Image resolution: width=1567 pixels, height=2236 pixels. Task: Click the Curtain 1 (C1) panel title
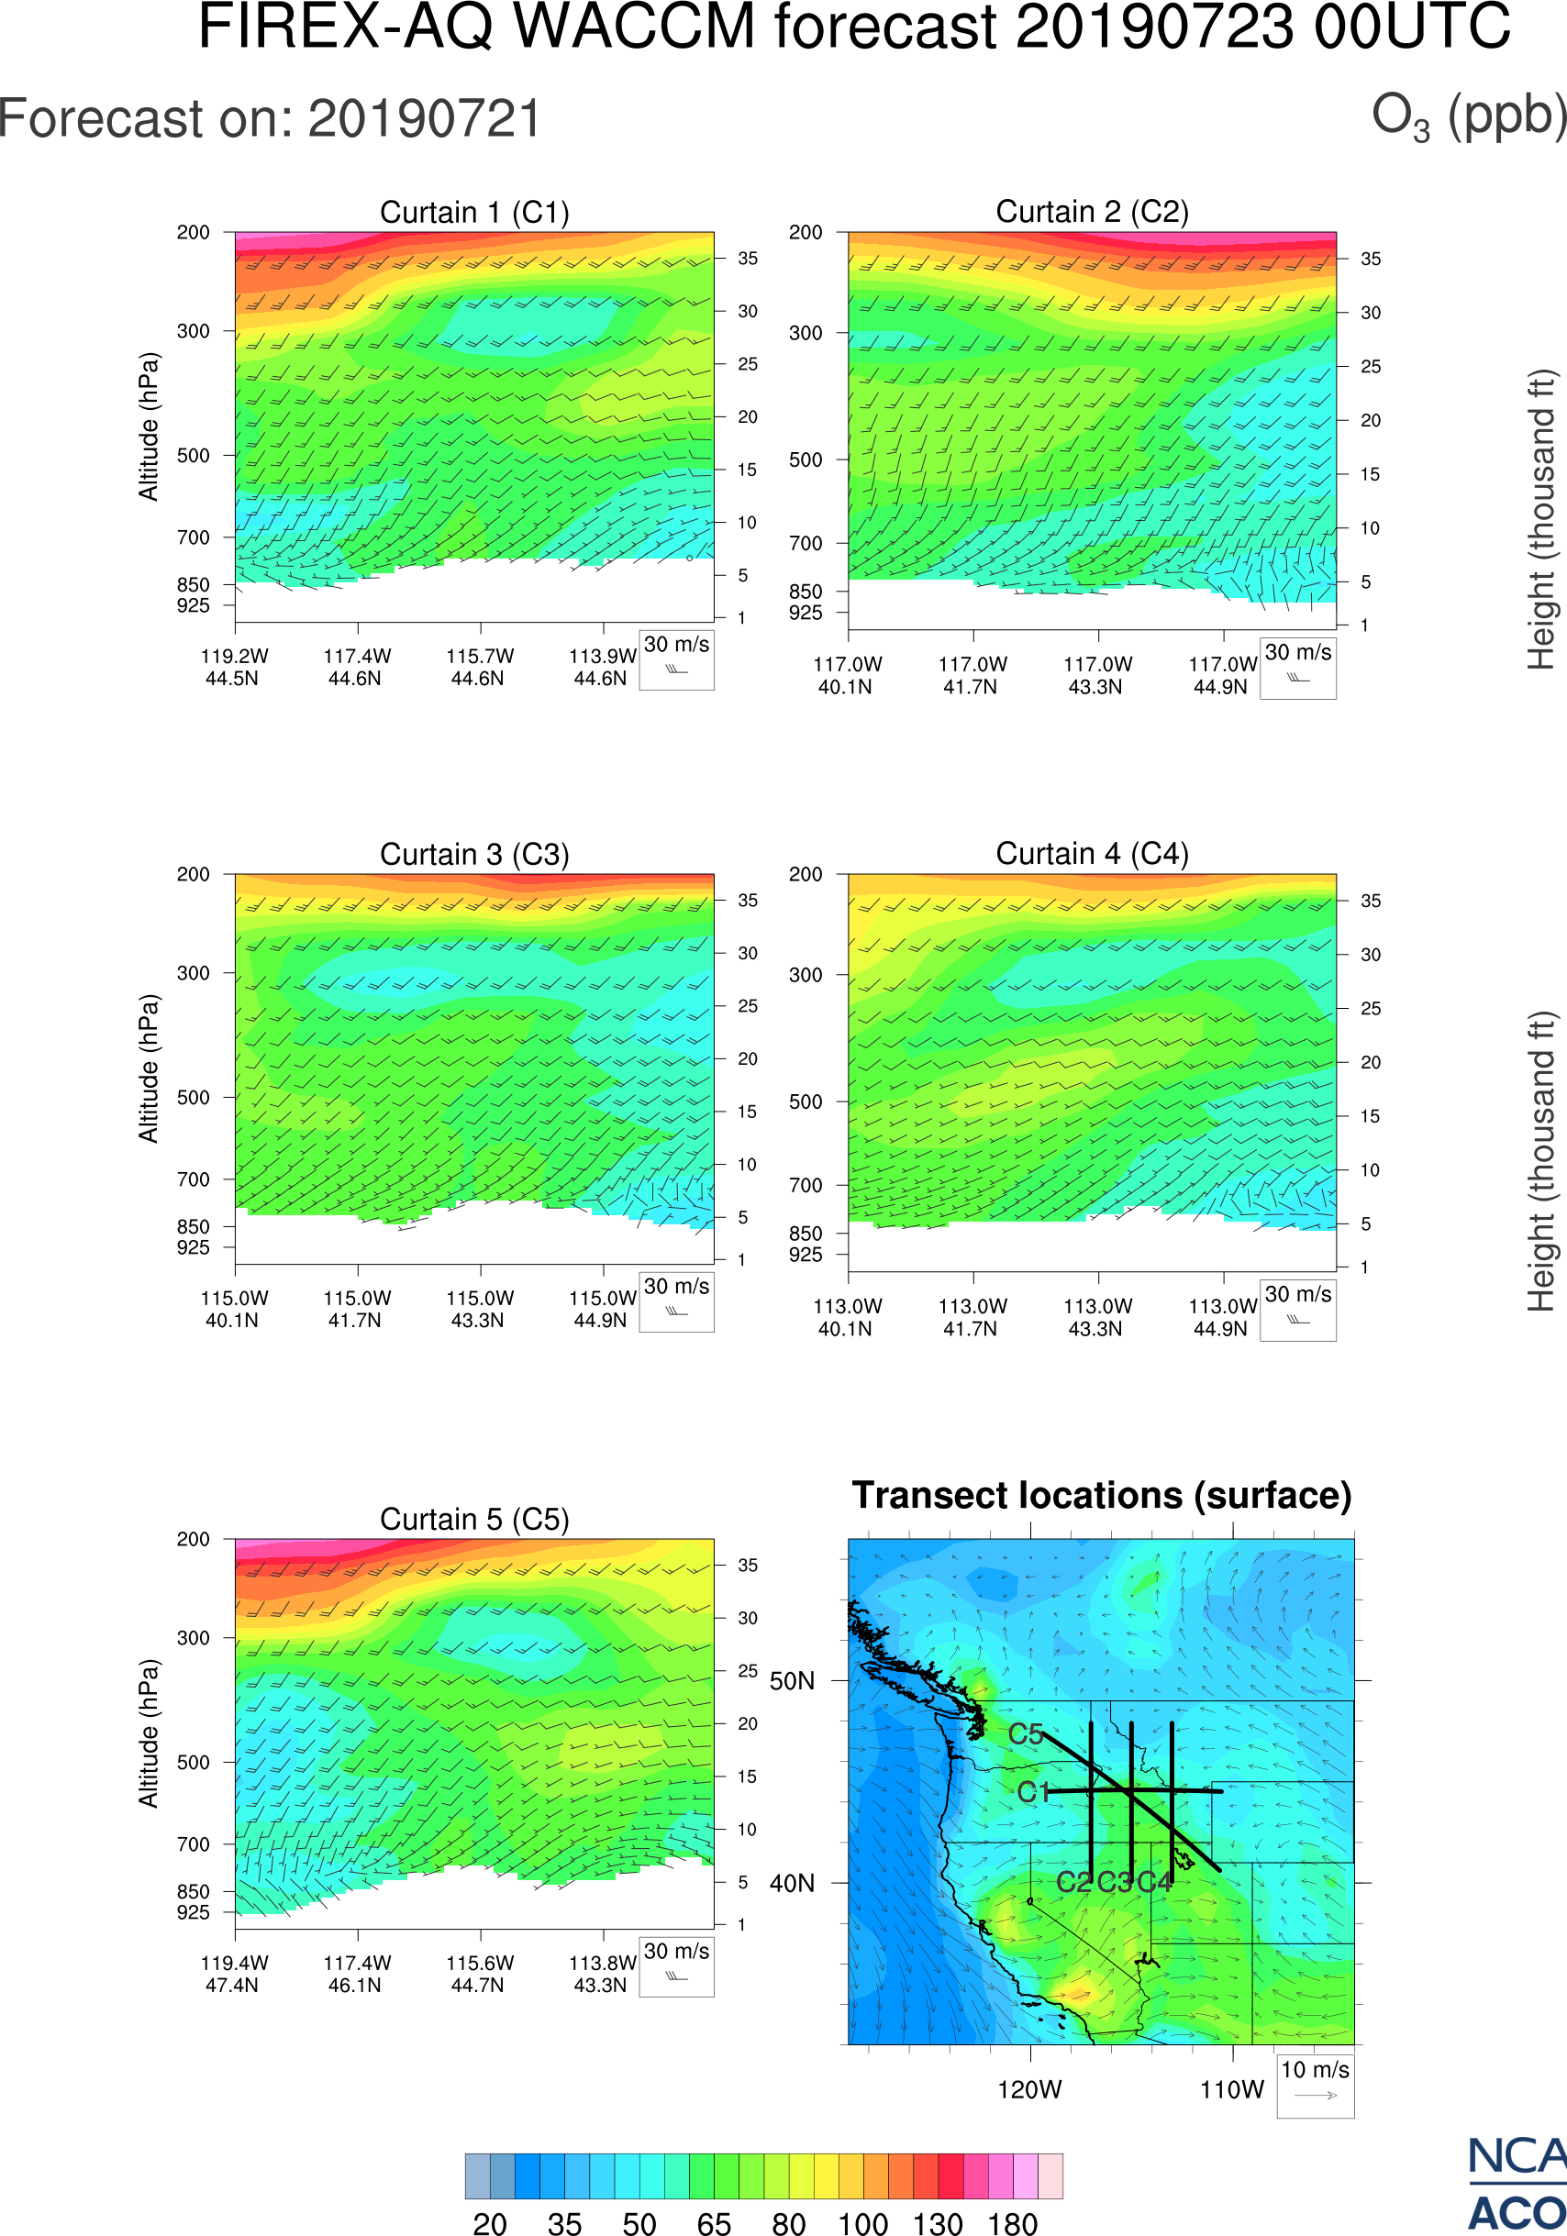(x=474, y=212)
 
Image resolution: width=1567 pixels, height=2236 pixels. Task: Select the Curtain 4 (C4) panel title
(x=1092, y=854)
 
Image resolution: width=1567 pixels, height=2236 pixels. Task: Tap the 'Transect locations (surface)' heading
(x=1102, y=1496)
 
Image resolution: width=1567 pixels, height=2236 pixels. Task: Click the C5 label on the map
(x=1026, y=1734)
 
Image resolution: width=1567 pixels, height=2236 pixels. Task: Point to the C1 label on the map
(x=1033, y=1792)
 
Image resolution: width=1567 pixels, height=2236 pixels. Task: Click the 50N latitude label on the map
(x=792, y=1682)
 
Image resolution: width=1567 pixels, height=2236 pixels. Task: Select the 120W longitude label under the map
(x=1029, y=2090)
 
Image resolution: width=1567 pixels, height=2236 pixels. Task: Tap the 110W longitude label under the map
(x=1232, y=2090)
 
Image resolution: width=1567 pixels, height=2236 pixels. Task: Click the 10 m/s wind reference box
(x=1315, y=2085)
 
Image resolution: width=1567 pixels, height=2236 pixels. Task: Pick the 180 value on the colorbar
(x=1013, y=2223)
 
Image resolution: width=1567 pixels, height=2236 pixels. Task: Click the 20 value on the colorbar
(x=490, y=2223)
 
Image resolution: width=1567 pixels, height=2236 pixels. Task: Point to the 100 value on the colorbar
(x=863, y=2223)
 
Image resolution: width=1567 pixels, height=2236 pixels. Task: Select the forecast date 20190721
(x=425, y=120)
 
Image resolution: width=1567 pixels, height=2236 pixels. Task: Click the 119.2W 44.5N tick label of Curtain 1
(x=234, y=667)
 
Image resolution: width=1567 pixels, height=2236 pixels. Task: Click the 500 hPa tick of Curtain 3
(x=193, y=1098)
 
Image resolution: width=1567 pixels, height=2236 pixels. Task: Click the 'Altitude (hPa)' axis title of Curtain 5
(x=148, y=1733)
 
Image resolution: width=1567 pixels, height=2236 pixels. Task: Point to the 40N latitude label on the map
(x=792, y=1884)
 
